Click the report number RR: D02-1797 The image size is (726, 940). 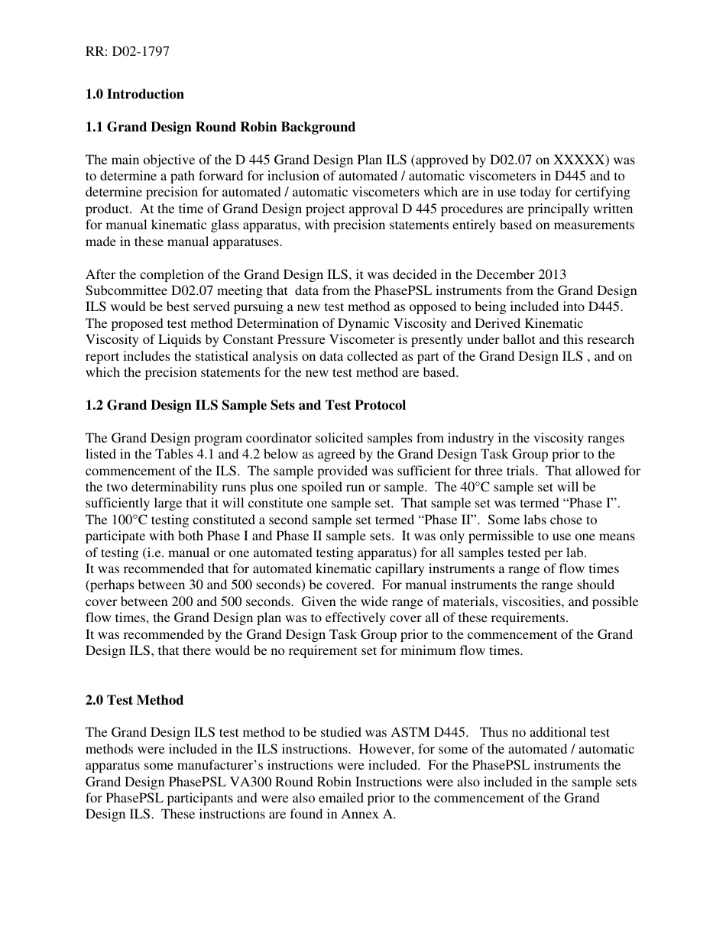[x=127, y=52]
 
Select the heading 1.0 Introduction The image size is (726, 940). [x=135, y=94]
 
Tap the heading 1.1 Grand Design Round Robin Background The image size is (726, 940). [x=220, y=127]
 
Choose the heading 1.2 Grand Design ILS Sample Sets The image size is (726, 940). [x=245, y=405]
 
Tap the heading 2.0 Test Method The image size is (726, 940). [x=135, y=700]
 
